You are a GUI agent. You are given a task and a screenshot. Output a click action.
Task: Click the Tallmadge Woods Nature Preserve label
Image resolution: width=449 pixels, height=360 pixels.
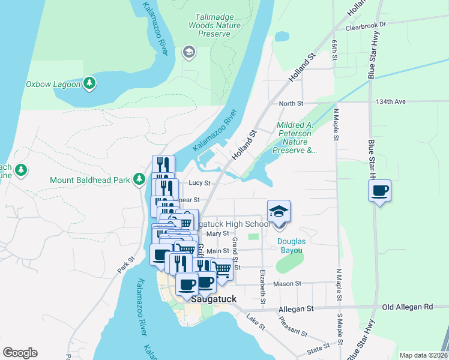[214, 26]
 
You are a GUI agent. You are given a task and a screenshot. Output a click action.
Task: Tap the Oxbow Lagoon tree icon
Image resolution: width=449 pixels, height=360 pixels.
[89, 83]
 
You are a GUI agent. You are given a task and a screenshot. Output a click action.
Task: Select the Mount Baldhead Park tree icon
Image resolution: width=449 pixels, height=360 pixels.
[139, 179]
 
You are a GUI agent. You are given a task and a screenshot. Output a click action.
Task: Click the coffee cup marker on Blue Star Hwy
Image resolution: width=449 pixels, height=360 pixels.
[379, 191]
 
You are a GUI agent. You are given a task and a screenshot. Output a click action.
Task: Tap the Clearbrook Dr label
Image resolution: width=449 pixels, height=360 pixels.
[366, 28]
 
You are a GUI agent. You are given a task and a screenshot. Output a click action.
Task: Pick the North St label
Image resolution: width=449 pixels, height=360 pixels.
[291, 103]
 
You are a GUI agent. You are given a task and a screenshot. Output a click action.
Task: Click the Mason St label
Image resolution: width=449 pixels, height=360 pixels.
[287, 283]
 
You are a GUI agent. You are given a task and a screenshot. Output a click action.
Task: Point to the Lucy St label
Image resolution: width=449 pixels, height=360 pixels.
[199, 183]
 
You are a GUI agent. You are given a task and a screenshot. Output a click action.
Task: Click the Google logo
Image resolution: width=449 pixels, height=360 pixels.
[20, 353]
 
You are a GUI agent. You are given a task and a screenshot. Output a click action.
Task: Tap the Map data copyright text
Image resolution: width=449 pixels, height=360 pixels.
[423, 355]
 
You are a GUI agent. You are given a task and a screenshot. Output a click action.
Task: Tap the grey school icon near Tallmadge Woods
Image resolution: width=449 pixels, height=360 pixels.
[189, 52]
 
